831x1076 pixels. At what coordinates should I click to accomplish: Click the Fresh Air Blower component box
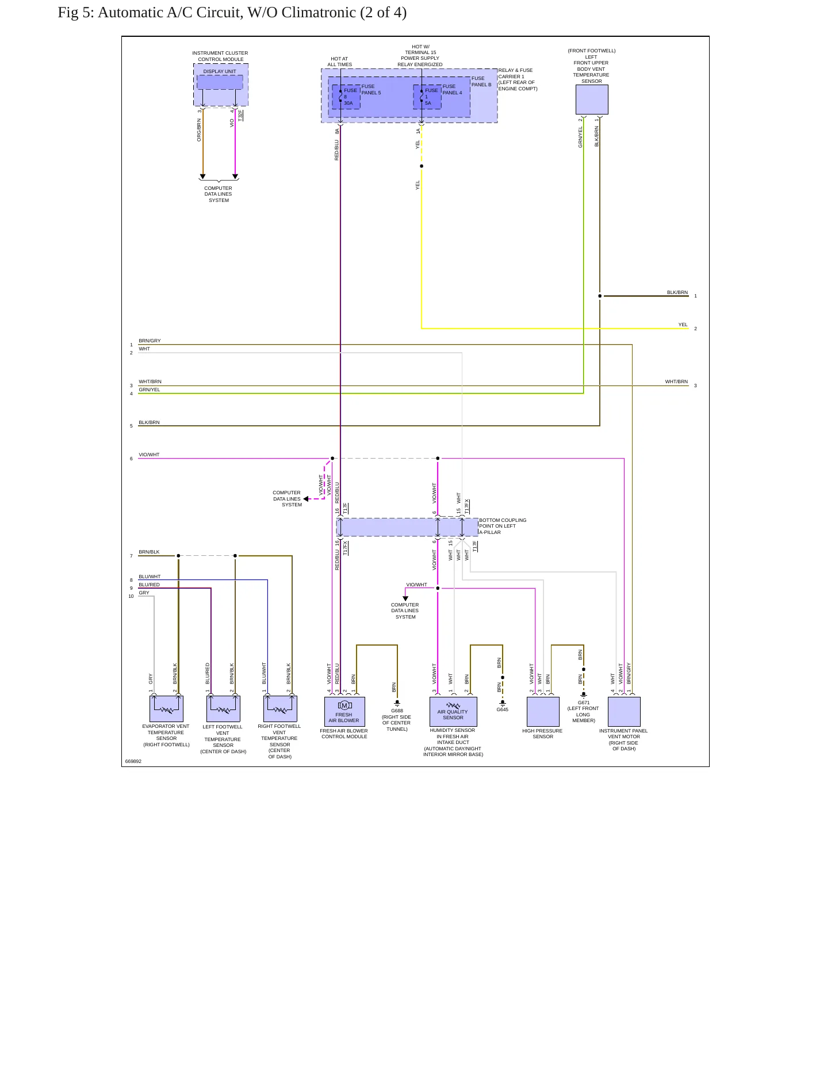click(344, 712)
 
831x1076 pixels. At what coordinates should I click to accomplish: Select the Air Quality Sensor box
click(453, 712)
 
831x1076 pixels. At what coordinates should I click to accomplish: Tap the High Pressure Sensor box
click(543, 712)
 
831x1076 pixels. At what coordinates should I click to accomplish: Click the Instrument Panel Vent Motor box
click(624, 712)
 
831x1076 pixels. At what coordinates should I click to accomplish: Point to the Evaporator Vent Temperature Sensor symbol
click(166, 709)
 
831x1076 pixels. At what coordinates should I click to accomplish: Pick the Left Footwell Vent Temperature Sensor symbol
click(223, 709)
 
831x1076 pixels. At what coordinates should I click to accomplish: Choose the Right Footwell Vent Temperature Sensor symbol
click(280, 709)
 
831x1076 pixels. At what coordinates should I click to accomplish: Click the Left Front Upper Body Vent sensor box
click(592, 100)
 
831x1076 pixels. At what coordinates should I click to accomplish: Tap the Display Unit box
click(220, 82)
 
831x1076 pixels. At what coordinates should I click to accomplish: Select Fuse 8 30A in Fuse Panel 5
click(346, 97)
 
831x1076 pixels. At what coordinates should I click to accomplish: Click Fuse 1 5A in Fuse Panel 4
click(427, 97)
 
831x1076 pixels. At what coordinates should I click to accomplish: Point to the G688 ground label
click(397, 711)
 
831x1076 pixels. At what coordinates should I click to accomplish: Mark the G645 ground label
click(503, 709)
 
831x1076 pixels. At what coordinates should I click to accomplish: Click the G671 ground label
click(584, 703)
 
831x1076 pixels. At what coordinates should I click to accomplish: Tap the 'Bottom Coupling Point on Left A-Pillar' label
click(503, 526)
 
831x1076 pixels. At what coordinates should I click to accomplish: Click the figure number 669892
click(133, 761)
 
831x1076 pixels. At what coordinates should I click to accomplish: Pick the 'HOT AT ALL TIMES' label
click(339, 62)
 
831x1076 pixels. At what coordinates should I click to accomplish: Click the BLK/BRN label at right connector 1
click(677, 292)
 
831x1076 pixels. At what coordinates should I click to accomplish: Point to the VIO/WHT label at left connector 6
click(149, 455)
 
